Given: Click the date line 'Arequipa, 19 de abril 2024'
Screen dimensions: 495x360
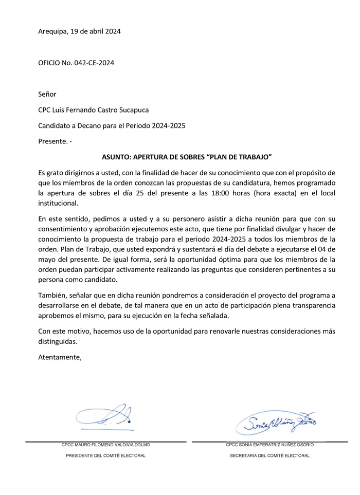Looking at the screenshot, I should click(x=79, y=31).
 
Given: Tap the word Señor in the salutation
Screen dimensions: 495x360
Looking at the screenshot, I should click(x=47, y=94).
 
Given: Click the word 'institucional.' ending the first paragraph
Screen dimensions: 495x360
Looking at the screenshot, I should click(x=58, y=203).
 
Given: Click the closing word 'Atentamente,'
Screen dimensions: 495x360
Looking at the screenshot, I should click(x=60, y=357).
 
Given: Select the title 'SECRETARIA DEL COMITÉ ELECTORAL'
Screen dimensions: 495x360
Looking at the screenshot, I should click(x=269, y=455).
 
